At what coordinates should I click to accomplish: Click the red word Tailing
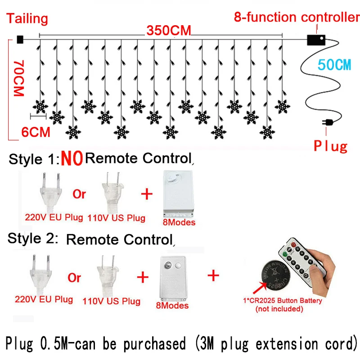[x=27, y=18]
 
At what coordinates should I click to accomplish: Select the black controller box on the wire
[x=315, y=40]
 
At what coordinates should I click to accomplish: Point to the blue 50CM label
[x=334, y=65]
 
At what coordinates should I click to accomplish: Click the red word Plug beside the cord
[x=331, y=146]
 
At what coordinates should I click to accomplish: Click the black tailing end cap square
[x=20, y=40]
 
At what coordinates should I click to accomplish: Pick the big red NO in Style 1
[x=72, y=158]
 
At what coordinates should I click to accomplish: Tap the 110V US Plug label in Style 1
[x=117, y=218]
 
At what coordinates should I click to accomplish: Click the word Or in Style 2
[x=75, y=277]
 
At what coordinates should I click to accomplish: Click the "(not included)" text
[x=279, y=309]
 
